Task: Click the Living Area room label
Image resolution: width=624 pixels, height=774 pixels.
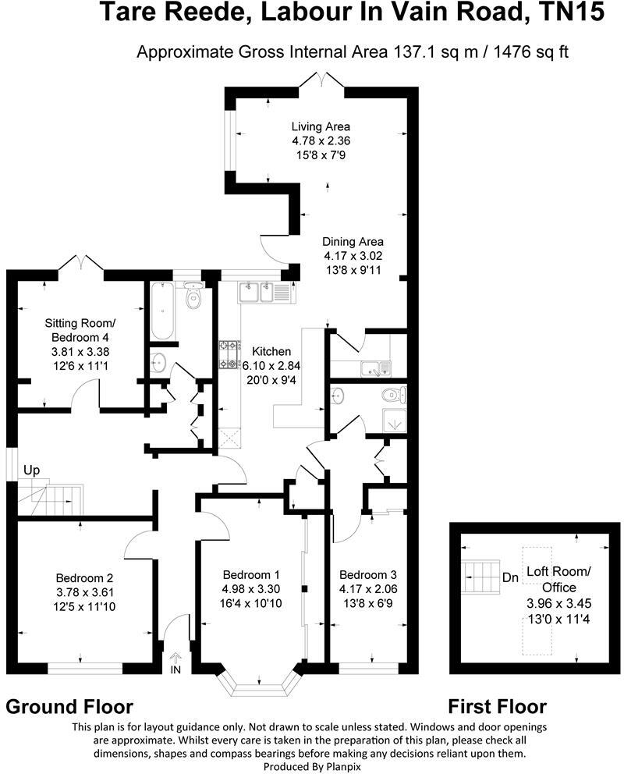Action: [x=321, y=126]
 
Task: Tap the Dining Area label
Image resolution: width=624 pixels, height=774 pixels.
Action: [x=353, y=241]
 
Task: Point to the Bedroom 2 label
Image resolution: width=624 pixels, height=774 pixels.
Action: [x=84, y=578]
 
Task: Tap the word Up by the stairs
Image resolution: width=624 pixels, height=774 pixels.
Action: [x=31, y=470]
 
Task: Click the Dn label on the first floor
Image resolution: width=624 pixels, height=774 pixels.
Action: [x=511, y=578]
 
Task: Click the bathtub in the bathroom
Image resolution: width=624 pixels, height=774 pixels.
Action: [x=164, y=311]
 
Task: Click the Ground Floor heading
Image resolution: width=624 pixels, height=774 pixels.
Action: [x=69, y=707]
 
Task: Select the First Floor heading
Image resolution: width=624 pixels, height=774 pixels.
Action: [x=497, y=707]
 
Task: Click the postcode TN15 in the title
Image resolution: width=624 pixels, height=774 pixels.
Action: [x=576, y=13]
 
